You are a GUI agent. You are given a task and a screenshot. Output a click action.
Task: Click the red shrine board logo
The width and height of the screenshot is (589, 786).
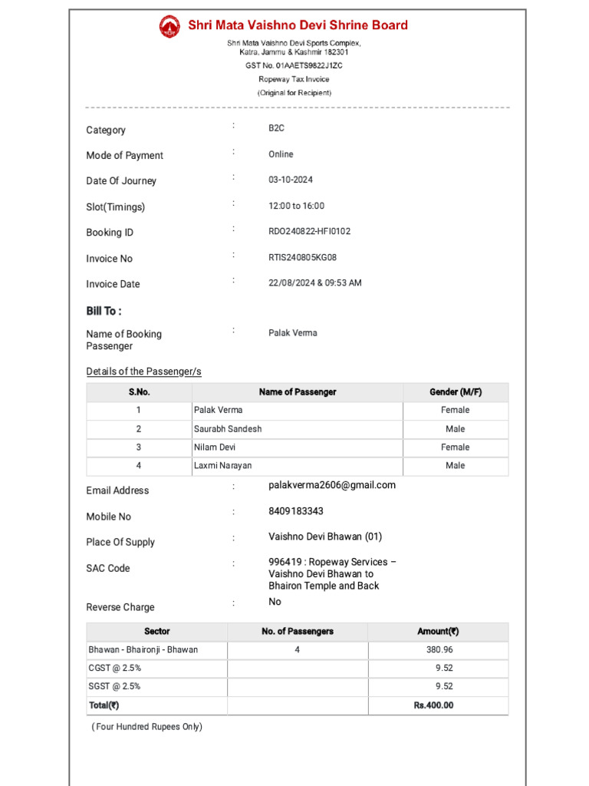pyautogui.click(x=169, y=26)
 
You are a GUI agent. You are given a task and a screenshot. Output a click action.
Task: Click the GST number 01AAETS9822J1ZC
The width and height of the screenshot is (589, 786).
pyautogui.click(x=294, y=66)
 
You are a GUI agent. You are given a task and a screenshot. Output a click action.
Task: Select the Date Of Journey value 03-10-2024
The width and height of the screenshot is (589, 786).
pyautogui.click(x=291, y=180)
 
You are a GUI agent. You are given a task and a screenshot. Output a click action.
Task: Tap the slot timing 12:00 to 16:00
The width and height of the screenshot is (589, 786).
pyautogui.click(x=296, y=206)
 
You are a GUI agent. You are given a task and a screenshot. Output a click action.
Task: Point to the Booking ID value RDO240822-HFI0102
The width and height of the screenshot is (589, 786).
pyautogui.click(x=309, y=231)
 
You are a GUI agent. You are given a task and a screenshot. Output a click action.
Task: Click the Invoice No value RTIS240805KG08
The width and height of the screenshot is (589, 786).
pyautogui.click(x=302, y=257)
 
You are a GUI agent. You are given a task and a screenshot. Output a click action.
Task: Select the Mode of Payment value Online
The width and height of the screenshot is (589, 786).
pyautogui.click(x=281, y=154)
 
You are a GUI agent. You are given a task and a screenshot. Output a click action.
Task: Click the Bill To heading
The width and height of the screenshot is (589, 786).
pyautogui.click(x=104, y=311)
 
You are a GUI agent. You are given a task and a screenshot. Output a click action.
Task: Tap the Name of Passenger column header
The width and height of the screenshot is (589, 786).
pyautogui.click(x=297, y=392)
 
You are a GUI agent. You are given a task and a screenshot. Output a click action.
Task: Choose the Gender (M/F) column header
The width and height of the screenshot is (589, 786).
pyautogui.click(x=456, y=392)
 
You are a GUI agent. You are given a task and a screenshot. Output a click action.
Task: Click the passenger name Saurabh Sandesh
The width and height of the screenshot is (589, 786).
pyautogui.click(x=228, y=429)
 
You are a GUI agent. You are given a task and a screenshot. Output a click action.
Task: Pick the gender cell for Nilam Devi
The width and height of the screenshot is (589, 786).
pyautogui.click(x=456, y=447)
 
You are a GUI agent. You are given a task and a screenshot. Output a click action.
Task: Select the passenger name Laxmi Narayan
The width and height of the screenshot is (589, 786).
pyautogui.click(x=223, y=466)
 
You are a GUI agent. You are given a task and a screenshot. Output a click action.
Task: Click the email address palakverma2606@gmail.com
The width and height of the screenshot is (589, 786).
pyautogui.click(x=332, y=485)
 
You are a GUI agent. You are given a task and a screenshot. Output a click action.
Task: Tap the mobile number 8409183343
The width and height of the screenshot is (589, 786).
pyautogui.click(x=296, y=511)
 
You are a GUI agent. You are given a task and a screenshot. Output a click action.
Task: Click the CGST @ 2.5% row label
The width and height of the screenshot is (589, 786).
pyautogui.click(x=114, y=669)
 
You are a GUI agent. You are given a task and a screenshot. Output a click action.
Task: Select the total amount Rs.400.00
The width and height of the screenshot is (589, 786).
pyautogui.click(x=433, y=705)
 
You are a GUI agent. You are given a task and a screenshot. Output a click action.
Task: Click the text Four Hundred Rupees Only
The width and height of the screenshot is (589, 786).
pyautogui.click(x=147, y=727)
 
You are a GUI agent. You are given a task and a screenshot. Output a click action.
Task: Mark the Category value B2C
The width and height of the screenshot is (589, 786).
pyautogui.click(x=276, y=128)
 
